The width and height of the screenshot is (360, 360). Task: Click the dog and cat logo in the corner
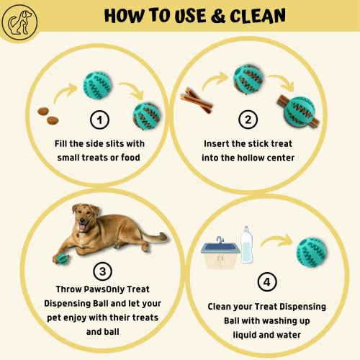click(x=19, y=22)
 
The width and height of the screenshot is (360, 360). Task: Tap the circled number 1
click(x=99, y=120)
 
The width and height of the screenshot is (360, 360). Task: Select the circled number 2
click(x=248, y=120)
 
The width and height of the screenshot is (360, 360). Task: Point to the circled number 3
click(x=102, y=271)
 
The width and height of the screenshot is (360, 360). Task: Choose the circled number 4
click(x=267, y=282)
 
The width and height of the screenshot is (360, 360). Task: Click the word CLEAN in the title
click(x=258, y=16)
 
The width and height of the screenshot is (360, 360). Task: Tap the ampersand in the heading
click(x=218, y=16)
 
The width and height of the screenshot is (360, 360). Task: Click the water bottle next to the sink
click(x=247, y=245)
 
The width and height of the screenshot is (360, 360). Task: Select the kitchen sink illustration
click(x=220, y=253)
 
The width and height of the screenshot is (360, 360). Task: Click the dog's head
click(x=85, y=217)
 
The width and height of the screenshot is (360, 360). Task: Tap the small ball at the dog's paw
click(x=63, y=259)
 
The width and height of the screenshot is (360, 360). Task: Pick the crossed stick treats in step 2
click(x=197, y=101)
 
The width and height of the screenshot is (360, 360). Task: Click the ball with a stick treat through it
click(x=298, y=112)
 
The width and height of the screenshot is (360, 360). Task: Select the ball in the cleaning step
click(x=312, y=252)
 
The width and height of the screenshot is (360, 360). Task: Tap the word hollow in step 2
click(x=249, y=158)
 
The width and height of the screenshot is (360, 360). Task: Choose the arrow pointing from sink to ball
click(x=276, y=239)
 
